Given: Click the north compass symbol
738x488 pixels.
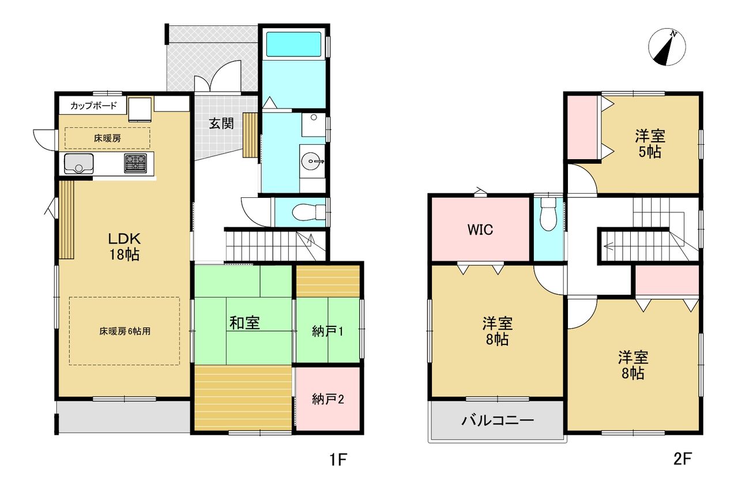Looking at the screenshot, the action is point(667,47).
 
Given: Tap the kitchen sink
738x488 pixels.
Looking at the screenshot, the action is point(79,164).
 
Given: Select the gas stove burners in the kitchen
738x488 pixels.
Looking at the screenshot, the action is point(135,163).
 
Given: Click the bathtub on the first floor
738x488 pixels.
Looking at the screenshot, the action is point(293,44).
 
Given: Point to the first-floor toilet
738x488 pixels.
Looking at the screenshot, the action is point(308,212).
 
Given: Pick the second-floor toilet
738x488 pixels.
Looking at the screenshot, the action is point(548,214).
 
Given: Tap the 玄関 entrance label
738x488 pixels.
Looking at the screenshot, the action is point(221,123).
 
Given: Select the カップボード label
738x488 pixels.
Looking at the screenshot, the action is point(93,106).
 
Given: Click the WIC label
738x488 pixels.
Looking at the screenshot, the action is point(480,230).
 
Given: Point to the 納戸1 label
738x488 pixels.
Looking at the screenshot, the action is point(328,332).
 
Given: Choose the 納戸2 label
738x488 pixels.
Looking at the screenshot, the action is point(328,399).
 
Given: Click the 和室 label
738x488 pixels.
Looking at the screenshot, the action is point(244,323).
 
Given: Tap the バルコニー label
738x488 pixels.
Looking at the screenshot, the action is point(497,421).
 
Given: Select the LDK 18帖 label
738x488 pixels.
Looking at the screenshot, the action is point(124,246).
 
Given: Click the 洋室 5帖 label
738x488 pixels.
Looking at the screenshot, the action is point(650,144).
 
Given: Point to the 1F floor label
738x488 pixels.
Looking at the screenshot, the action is point(338,459).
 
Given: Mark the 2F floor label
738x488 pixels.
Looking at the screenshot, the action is point(682,459).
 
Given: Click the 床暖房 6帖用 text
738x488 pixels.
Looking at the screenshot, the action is point(125,331).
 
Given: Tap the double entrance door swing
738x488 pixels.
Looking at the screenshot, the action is point(218,76).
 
